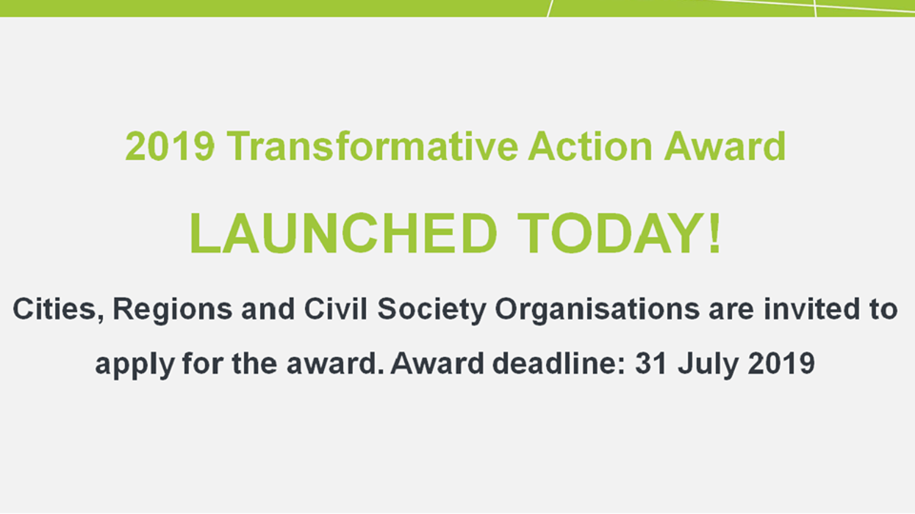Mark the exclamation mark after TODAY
[x=713, y=234]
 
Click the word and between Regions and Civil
[x=268, y=309]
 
